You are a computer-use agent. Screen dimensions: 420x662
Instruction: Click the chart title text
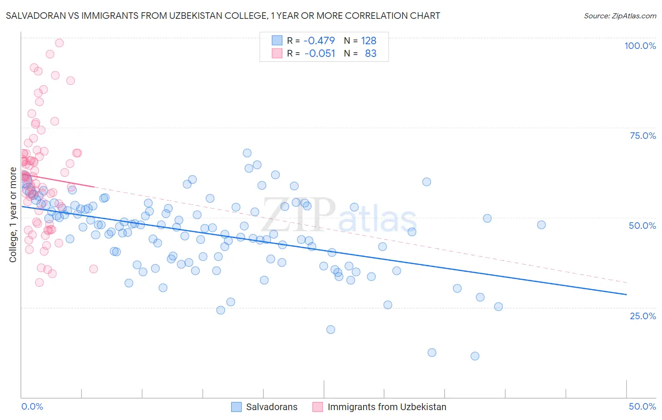223,16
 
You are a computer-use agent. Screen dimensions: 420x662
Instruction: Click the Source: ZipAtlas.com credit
620,16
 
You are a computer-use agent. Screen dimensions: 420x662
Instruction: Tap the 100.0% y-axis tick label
640,46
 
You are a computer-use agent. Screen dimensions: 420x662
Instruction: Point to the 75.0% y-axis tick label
643,136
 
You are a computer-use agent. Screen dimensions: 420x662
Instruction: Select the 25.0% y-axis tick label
643,316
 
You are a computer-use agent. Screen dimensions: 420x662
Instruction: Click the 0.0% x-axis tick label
32,406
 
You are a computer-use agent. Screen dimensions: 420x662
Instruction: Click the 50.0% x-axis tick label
642,406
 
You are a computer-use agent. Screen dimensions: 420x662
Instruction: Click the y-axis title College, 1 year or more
13,215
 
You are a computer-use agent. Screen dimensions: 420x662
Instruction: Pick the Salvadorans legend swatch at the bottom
236,407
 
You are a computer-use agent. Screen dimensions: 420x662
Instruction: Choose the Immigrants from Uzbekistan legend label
387,407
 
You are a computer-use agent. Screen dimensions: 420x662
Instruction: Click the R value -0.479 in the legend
319,40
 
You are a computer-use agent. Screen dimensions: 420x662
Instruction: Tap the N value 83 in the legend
371,53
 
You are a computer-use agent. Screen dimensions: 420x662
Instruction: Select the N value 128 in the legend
369,40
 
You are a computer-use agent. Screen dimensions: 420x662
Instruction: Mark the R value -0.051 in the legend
320,53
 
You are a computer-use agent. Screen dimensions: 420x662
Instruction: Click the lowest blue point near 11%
475,356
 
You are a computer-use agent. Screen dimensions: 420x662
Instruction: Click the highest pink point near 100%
59,43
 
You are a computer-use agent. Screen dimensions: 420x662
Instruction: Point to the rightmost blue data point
541,225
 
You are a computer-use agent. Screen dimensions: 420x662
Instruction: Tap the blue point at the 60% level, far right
427,182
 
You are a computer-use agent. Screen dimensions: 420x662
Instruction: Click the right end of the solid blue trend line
626,294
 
